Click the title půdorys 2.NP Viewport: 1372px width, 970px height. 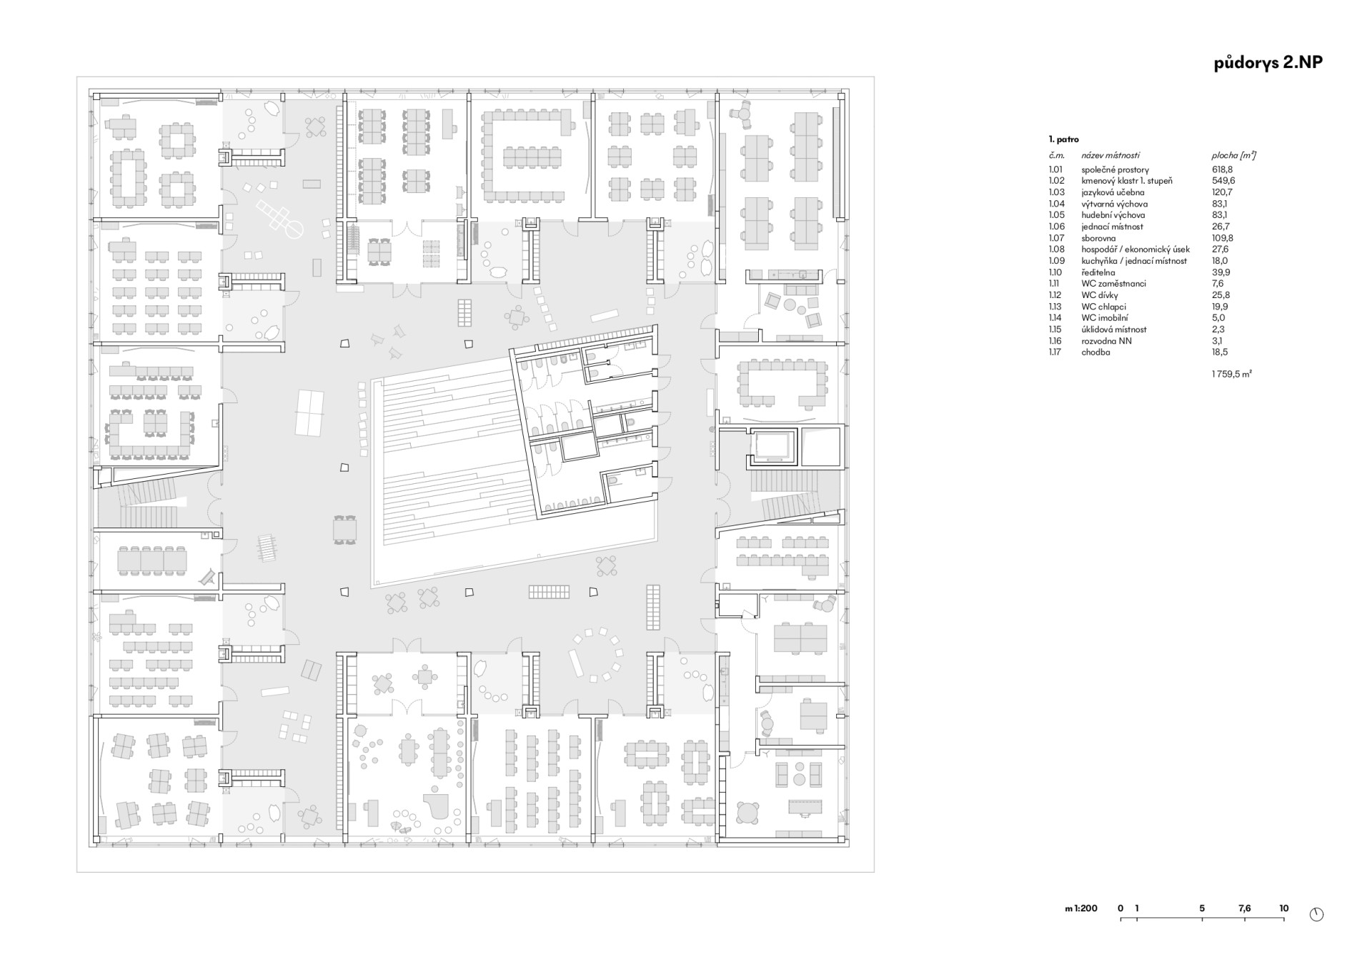click(x=1268, y=63)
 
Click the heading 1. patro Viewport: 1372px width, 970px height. click(x=1064, y=139)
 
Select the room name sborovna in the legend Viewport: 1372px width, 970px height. click(x=1098, y=238)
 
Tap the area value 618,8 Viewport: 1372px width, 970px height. click(x=1222, y=170)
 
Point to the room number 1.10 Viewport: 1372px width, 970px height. click(x=1055, y=272)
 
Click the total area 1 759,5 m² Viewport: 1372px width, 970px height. click(x=1232, y=374)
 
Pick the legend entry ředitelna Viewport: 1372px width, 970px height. click(x=1098, y=272)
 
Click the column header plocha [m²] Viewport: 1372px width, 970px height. click(x=1234, y=155)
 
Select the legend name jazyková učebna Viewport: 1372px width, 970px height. click(x=1113, y=192)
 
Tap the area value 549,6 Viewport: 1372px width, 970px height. click(x=1223, y=181)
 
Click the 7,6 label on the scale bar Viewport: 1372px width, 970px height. click(x=1245, y=909)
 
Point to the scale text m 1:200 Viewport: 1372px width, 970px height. click(x=1081, y=909)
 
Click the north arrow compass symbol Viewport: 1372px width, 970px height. click(x=1317, y=914)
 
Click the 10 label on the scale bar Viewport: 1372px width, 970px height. click(x=1284, y=909)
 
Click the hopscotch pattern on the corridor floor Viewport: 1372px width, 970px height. click(x=279, y=219)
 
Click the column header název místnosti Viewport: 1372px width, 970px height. click(x=1110, y=155)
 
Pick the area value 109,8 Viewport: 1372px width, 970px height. click(x=1223, y=238)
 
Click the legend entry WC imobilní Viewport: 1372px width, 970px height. click(x=1105, y=318)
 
